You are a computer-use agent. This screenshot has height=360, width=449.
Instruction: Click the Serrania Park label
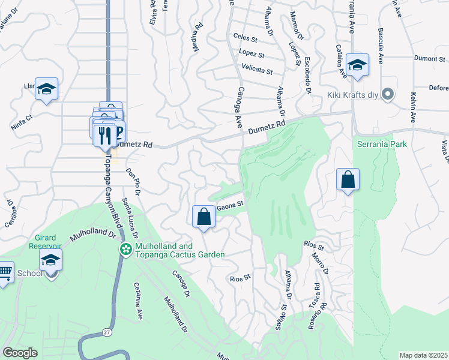(x=382, y=144)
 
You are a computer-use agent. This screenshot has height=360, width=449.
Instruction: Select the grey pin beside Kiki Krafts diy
(x=388, y=94)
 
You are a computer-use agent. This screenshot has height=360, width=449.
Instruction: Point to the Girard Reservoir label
(x=44, y=241)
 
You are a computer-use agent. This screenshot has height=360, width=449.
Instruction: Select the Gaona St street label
(x=230, y=205)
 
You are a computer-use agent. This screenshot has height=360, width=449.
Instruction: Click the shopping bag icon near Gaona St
(x=203, y=216)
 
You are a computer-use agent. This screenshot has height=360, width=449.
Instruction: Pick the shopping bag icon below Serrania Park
(x=348, y=179)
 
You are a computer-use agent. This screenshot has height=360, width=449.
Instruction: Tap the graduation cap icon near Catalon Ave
(x=357, y=65)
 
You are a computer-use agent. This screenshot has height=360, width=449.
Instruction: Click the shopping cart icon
(x=4, y=273)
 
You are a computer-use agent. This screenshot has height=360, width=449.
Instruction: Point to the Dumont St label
(x=430, y=59)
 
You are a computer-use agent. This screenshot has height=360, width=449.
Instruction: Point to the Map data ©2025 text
(x=424, y=355)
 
